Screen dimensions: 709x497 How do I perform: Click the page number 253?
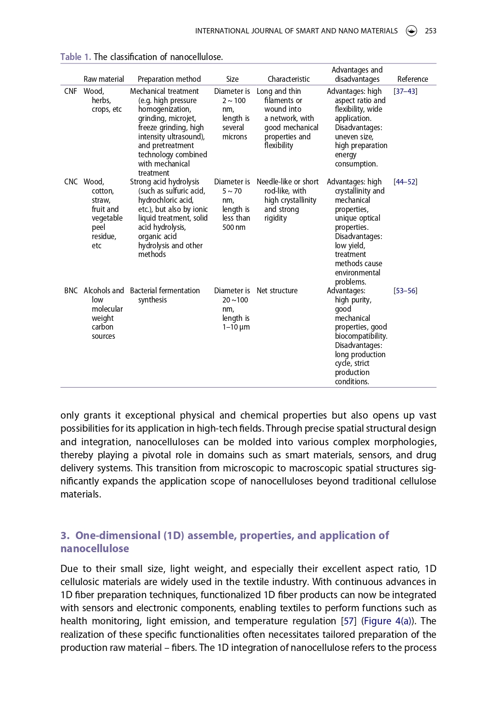click(x=430, y=31)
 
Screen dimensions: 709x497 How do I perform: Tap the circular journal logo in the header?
click(x=411, y=31)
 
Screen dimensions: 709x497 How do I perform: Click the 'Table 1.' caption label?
click(x=75, y=57)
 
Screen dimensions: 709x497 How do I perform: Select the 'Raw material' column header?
click(x=103, y=79)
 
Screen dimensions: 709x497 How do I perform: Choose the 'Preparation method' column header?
click(x=169, y=79)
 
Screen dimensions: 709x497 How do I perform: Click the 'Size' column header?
click(x=232, y=79)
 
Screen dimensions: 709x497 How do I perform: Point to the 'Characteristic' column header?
click(x=289, y=79)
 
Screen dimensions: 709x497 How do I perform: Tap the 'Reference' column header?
click(x=412, y=79)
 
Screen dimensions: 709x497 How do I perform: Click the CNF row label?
click(x=71, y=91)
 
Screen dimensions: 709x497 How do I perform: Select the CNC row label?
click(x=71, y=182)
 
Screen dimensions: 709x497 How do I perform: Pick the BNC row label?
click(x=71, y=291)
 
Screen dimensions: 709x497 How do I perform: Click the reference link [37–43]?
click(x=405, y=91)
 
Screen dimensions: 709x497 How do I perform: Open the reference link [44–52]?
click(x=405, y=182)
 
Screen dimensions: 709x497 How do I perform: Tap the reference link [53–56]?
click(x=405, y=291)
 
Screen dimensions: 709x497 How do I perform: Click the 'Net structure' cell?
click(x=277, y=291)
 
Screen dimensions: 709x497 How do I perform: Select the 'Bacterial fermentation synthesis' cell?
click(x=164, y=295)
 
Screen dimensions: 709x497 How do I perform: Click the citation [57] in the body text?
click(x=349, y=621)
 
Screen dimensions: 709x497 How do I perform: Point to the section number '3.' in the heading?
click(x=65, y=536)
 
